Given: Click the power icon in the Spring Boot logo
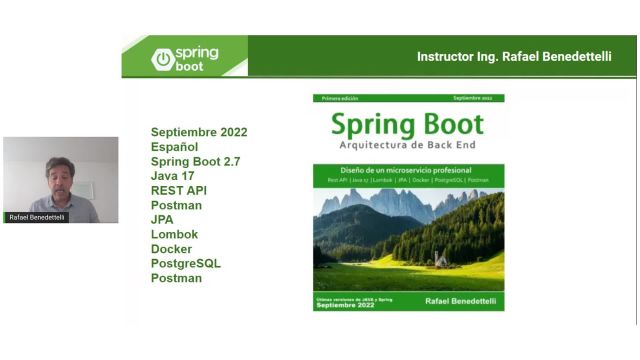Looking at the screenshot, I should (163, 58).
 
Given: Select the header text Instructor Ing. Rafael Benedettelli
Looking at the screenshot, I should (521, 57).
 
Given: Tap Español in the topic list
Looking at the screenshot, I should (174, 147).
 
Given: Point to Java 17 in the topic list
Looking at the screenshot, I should (179, 176).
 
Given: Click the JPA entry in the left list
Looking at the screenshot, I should (162, 220).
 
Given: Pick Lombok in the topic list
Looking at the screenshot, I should (174, 234).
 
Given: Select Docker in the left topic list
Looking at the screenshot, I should (171, 249).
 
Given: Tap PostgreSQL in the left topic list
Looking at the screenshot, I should (186, 263).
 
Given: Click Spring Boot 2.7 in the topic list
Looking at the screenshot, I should (195, 161).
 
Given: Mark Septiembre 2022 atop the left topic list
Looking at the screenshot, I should (199, 132).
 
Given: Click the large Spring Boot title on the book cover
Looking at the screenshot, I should (408, 125).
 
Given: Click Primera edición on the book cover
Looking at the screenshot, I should (339, 99).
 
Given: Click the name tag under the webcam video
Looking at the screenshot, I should (38, 217).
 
